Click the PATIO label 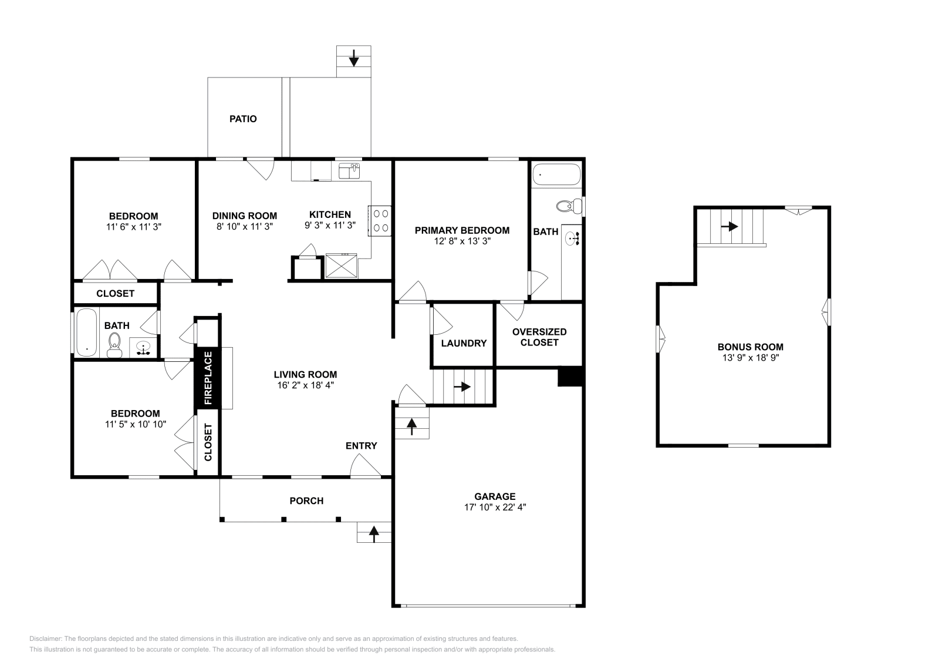pos(243,119)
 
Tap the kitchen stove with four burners pos(380,220)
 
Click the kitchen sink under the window pos(349,171)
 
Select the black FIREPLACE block pos(207,378)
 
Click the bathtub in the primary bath pos(556,174)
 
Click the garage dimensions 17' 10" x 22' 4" pos(495,507)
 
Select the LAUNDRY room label pos(464,343)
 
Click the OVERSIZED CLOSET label pos(539,337)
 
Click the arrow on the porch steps pos(373,533)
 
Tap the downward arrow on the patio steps pos(354,58)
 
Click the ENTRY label pos(361,446)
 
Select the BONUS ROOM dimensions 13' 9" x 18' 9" pos(750,357)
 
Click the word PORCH pos(306,501)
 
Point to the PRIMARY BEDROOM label pos(462,230)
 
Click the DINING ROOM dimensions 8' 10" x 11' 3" pos(244,226)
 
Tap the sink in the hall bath pos(143,348)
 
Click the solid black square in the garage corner pos(569,377)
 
